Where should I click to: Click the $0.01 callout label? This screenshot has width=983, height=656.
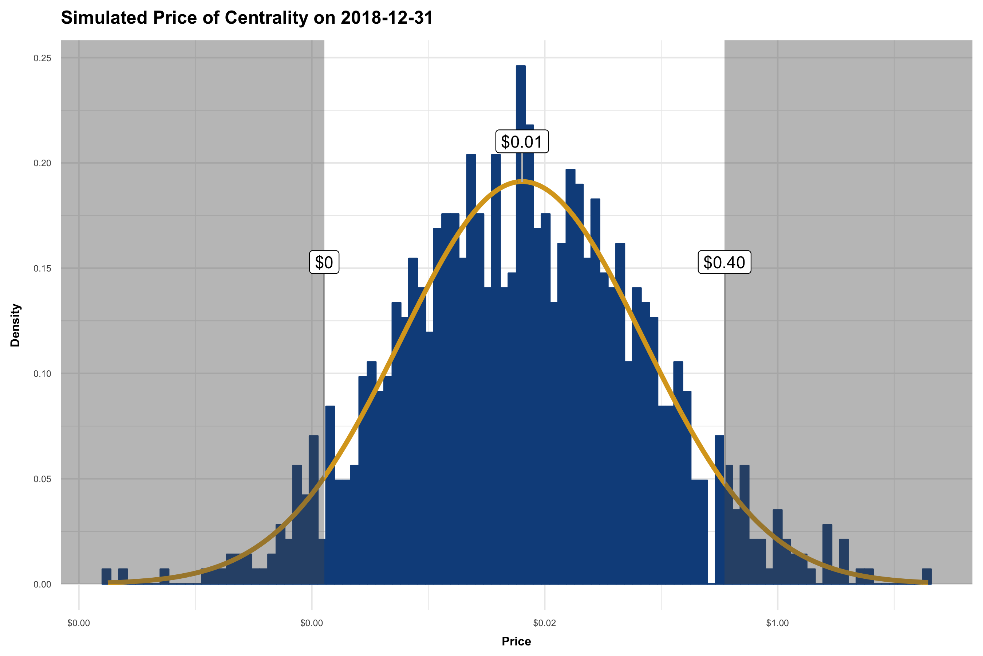(x=522, y=142)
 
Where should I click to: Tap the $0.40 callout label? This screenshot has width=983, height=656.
(x=724, y=262)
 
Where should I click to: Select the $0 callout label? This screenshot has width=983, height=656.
(x=324, y=262)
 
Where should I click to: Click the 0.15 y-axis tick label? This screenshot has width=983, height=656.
(x=42, y=269)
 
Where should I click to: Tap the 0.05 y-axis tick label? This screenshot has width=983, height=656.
(x=42, y=479)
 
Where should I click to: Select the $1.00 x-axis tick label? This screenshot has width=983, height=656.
(x=777, y=623)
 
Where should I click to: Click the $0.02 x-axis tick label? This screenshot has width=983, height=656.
(x=545, y=623)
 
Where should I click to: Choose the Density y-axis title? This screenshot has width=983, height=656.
(x=15, y=325)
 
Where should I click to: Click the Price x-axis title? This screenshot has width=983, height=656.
(x=516, y=641)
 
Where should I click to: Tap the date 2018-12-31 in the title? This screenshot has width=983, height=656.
(x=387, y=18)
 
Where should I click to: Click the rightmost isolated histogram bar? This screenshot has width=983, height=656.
(x=927, y=576)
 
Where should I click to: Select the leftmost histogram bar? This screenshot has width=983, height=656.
(x=107, y=576)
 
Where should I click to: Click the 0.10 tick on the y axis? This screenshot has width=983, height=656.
(x=42, y=374)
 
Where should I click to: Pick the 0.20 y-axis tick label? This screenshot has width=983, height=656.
(x=42, y=163)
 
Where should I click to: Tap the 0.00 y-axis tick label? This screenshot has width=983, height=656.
(x=42, y=585)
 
